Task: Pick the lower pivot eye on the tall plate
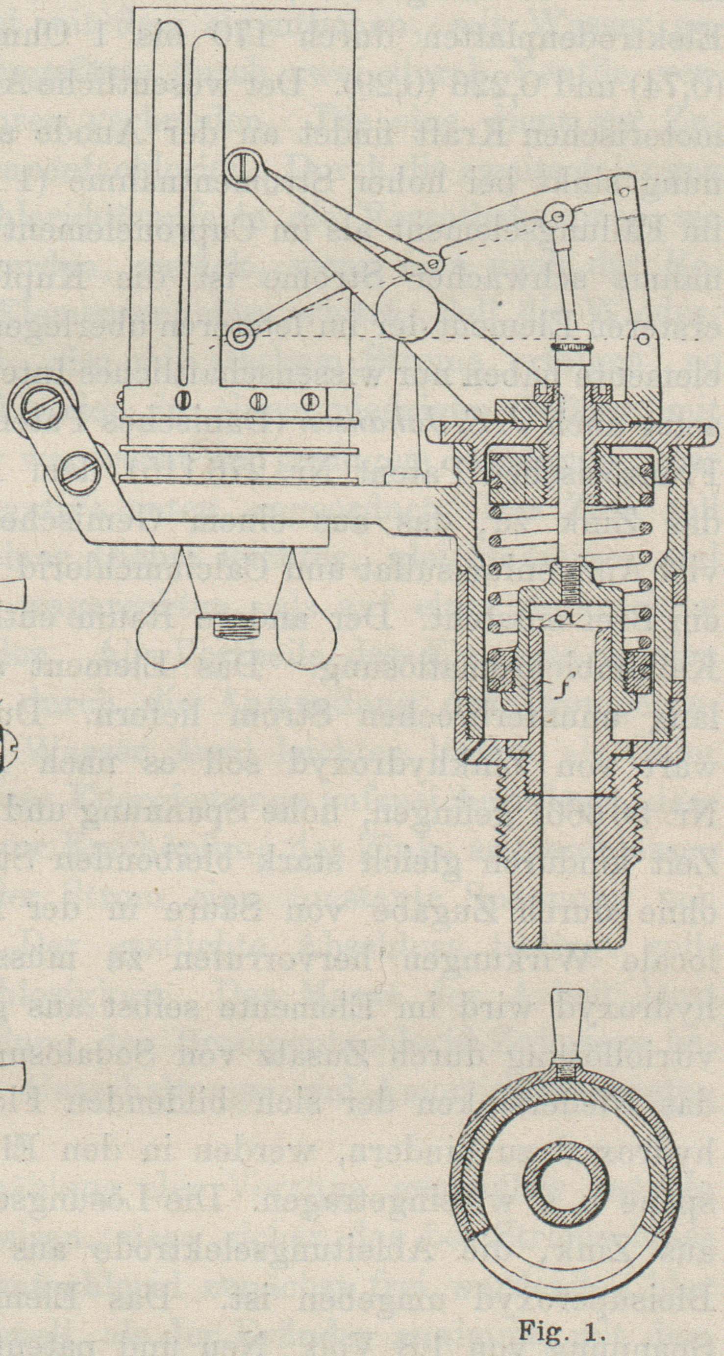click(242, 334)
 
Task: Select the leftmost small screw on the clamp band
click(182, 400)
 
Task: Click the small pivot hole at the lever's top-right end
click(624, 192)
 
